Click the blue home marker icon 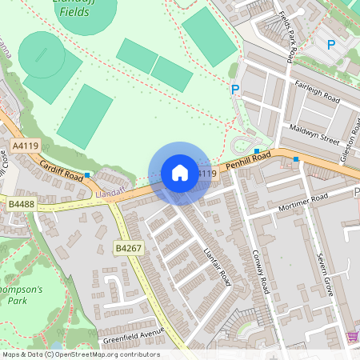pyautogui.click(x=180, y=173)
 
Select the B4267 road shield pyautogui.click(x=128, y=249)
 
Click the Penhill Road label pyautogui.click(x=249, y=162)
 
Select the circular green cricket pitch pyautogui.click(x=42, y=55)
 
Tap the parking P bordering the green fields pyautogui.click(x=235, y=90)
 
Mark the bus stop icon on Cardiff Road pyautogui.click(x=86, y=174)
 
